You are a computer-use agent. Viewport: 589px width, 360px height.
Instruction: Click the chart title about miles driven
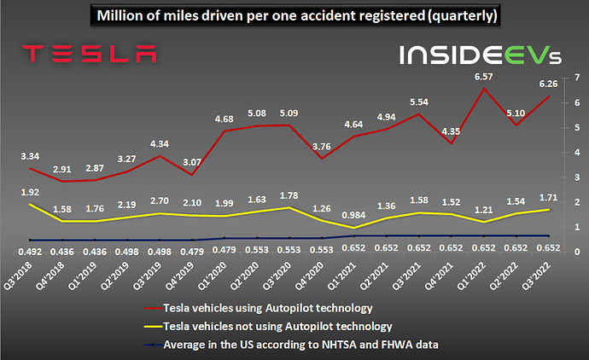294,16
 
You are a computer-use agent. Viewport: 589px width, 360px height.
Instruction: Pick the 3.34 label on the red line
30,157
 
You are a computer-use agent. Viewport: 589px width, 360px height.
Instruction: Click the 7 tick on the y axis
578,78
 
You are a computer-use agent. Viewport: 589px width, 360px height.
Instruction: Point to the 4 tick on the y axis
578,153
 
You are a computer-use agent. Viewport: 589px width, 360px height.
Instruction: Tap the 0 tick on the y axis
578,253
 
